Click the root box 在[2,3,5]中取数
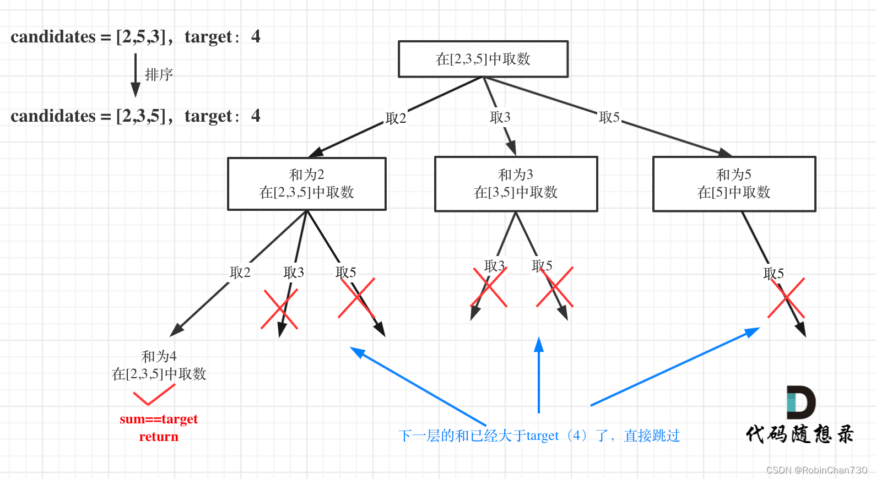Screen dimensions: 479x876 [x=483, y=59]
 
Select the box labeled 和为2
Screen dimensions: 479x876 [x=307, y=184]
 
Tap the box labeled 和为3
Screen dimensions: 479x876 [x=516, y=184]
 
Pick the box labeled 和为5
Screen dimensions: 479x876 [x=734, y=184]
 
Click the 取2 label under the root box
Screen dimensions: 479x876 [x=396, y=118]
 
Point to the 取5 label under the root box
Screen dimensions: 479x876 [x=609, y=117]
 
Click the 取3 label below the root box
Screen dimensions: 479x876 [x=500, y=117]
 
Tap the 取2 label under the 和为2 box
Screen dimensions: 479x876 [x=240, y=273]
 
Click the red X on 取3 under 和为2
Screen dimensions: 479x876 [x=279, y=309]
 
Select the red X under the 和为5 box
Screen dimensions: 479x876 [x=786, y=298]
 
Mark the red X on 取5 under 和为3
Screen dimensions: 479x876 [x=555, y=287]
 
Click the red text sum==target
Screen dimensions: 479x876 [x=159, y=419]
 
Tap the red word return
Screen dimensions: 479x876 [x=159, y=437]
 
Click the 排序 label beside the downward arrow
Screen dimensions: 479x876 [x=159, y=75]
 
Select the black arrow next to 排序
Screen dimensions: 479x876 [x=135, y=74]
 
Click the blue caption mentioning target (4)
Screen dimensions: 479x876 [x=539, y=436]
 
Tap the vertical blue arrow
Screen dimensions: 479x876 [x=539, y=374]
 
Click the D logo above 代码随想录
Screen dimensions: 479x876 [x=801, y=402]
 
